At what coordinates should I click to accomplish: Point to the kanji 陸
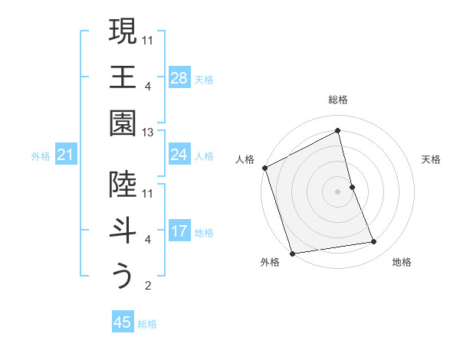(123, 184)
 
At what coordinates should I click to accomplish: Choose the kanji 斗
(123, 231)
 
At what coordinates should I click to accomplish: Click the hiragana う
(123, 277)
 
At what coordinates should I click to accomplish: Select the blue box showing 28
(179, 78)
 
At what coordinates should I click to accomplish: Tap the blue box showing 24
(179, 155)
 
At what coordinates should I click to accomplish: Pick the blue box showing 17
(179, 231)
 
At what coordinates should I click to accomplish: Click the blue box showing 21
(66, 155)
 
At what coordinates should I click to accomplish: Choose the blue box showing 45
(123, 322)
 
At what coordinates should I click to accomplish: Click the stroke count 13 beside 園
(149, 133)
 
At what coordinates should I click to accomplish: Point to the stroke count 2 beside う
(148, 286)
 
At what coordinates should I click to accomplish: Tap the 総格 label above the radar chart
(338, 100)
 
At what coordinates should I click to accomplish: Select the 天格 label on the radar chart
(432, 159)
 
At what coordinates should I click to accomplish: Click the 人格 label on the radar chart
(245, 159)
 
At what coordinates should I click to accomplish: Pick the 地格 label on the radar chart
(402, 262)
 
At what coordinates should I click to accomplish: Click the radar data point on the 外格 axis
(292, 253)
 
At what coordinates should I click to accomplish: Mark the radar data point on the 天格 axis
(352, 186)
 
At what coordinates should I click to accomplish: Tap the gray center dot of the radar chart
(338, 191)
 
